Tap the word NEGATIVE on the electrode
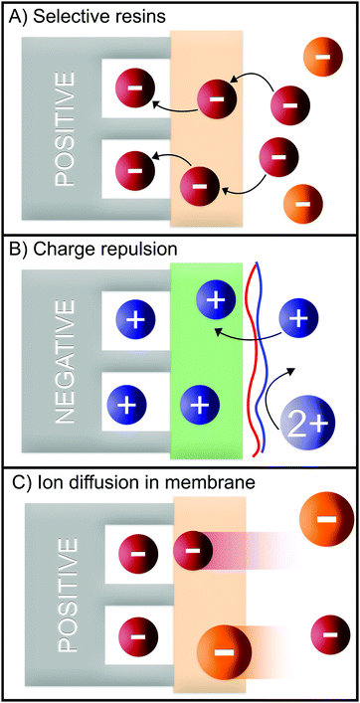[x=66, y=354]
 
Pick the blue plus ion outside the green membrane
[x=298, y=319]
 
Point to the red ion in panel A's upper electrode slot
[x=133, y=87]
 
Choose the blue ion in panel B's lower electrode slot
[x=126, y=406]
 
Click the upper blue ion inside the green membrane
[x=216, y=297]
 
